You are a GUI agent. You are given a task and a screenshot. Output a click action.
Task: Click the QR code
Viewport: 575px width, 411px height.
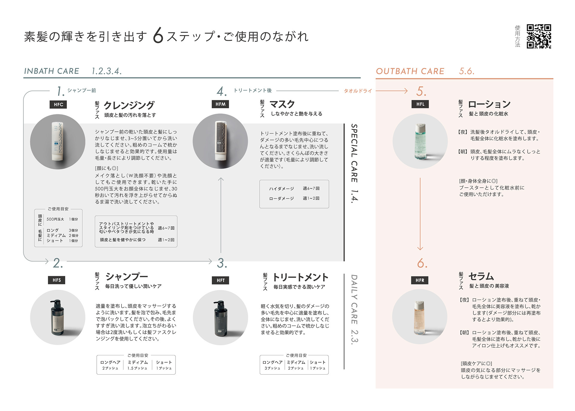coord(539,36)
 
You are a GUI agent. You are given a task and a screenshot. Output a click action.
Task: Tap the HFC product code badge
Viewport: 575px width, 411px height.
coord(58,104)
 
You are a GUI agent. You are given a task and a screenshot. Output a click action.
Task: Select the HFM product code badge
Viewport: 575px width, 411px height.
coord(220,104)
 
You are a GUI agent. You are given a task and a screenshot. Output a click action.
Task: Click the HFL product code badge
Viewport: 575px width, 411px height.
coord(420,104)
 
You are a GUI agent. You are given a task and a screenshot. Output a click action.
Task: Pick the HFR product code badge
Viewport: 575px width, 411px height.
coord(420,280)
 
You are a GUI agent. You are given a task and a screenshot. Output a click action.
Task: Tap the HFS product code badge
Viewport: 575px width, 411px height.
coord(57,280)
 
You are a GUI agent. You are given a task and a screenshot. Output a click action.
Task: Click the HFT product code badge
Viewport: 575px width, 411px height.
coord(221,280)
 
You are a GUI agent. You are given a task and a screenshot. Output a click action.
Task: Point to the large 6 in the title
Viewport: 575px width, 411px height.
coord(158,36)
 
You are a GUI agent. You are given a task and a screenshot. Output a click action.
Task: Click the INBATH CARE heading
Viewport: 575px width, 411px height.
coord(52,71)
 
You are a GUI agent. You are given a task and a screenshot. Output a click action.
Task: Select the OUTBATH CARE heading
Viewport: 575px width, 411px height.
coord(410,71)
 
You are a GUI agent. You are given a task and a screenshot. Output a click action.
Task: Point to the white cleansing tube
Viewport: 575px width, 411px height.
coord(57,141)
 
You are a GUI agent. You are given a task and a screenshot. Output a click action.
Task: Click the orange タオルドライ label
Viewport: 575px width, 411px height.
coord(358,91)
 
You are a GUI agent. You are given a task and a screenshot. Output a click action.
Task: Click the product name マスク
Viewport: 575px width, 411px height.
coord(282,104)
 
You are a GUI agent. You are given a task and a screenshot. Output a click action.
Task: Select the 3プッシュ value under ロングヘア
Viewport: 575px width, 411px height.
coord(272,368)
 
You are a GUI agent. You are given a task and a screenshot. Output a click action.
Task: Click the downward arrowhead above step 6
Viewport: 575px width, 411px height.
coord(420,248)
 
